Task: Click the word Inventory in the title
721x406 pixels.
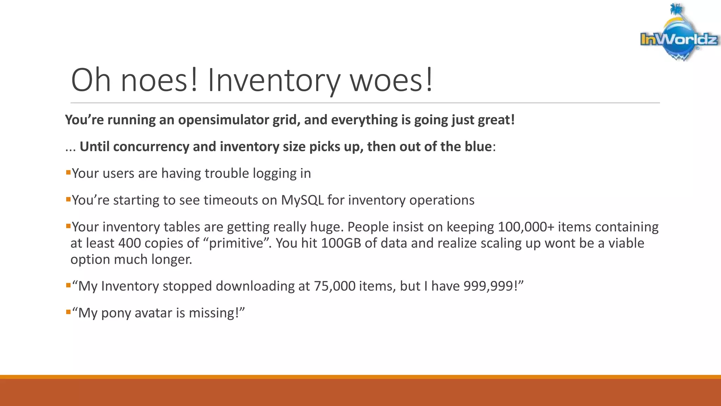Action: (x=274, y=80)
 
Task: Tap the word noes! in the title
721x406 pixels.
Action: (x=159, y=80)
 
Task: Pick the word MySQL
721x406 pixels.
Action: (x=302, y=200)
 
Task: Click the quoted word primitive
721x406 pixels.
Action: (x=236, y=243)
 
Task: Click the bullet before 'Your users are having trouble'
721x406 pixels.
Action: (x=68, y=173)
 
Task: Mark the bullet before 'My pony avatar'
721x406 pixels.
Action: (x=68, y=312)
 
